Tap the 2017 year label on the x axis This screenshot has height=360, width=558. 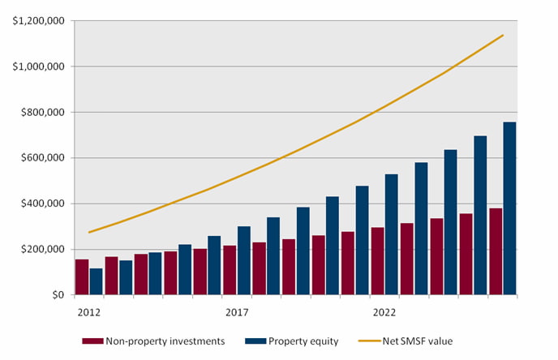coord(236,312)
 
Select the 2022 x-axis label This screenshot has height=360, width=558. coord(384,312)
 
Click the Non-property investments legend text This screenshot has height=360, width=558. coord(165,341)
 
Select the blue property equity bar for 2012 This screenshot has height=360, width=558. coord(96,281)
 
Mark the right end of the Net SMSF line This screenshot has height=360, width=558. coord(503,35)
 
